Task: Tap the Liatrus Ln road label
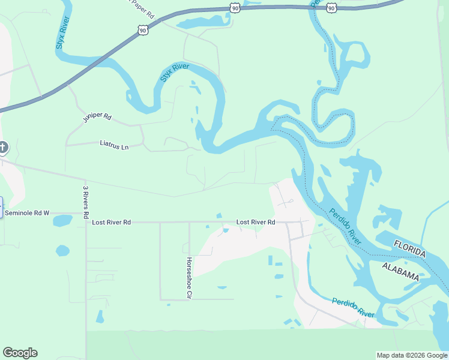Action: click(x=114, y=145)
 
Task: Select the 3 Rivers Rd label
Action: click(x=86, y=202)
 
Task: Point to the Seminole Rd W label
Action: click(x=27, y=213)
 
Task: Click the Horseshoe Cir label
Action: click(x=189, y=277)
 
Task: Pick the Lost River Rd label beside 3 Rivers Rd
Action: click(x=112, y=222)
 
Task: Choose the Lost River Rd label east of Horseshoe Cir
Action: click(x=256, y=222)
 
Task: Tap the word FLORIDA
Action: click(x=410, y=248)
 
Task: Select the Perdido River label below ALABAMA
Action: click(x=353, y=307)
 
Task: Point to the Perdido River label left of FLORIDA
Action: click(x=345, y=226)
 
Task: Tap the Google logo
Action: click(x=20, y=353)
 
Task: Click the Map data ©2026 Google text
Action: click(x=411, y=355)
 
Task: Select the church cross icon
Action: click(x=2, y=147)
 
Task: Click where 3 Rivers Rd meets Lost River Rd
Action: click(x=86, y=222)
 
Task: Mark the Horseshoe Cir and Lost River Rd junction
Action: click(x=189, y=222)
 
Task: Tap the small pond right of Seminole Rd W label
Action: click(x=62, y=221)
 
